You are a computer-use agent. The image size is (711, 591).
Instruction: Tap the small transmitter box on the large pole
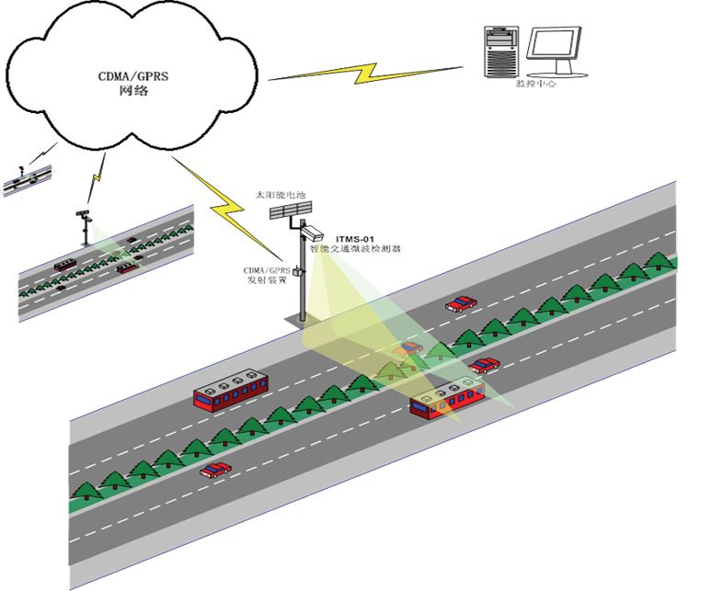tap(296, 270)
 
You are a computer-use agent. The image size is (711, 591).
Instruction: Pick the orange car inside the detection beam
tap(407, 348)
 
